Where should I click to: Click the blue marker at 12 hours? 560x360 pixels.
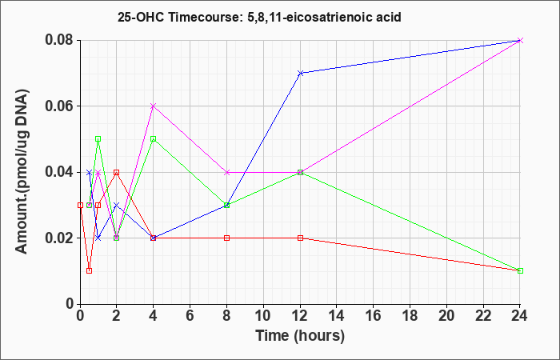coord(300,74)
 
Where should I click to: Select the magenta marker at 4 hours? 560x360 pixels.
coord(154,106)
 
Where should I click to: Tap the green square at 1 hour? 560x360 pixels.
coord(98,139)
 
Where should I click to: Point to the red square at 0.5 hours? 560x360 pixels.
coord(90,270)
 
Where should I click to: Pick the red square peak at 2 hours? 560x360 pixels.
coord(117,172)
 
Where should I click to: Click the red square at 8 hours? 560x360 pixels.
coord(226,238)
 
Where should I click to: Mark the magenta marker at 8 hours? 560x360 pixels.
coord(226,172)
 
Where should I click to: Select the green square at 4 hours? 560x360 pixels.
coord(154,139)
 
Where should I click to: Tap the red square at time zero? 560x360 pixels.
coord(80,205)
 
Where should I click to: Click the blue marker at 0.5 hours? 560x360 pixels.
coord(90,172)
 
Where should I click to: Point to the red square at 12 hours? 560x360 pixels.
coord(300,238)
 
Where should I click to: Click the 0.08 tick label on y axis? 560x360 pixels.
coord(59,40)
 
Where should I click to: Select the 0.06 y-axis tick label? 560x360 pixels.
coord(59,106)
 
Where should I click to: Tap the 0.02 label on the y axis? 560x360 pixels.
coord(59,238)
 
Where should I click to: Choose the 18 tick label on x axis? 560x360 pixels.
coord(410,316)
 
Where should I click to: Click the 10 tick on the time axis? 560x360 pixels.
coord(263,316)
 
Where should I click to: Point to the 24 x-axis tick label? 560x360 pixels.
coord(520,316)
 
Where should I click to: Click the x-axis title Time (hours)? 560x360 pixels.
coord(300,336)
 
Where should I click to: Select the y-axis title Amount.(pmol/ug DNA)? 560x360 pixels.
coord(22,172)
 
